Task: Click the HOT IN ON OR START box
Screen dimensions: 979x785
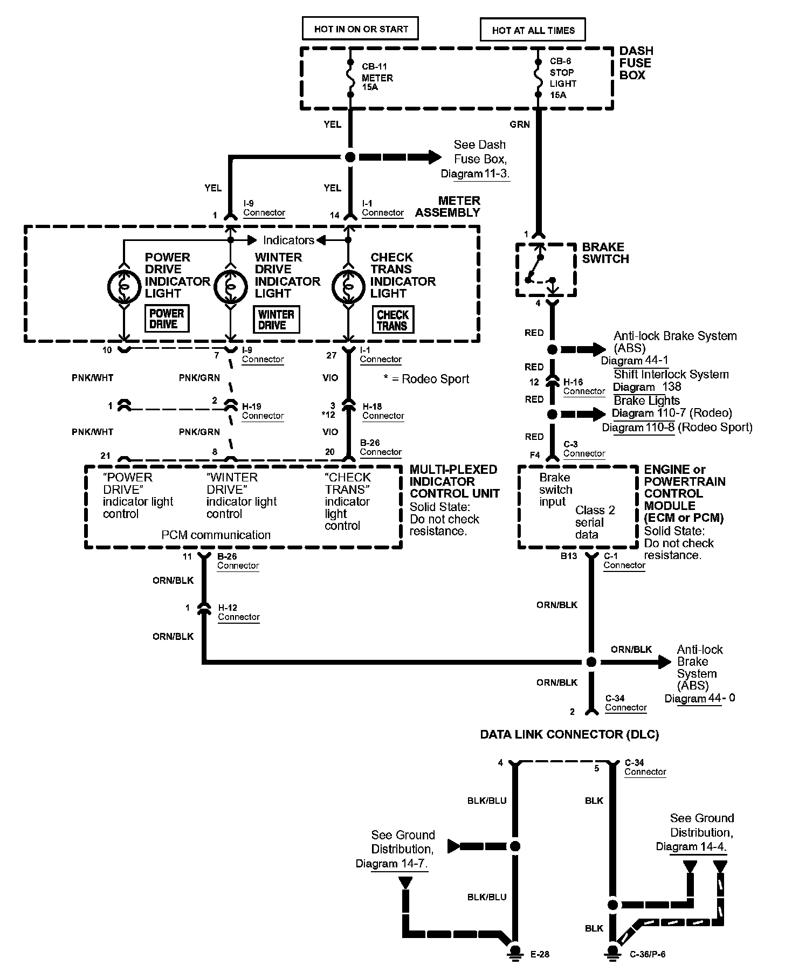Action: coord(360,29)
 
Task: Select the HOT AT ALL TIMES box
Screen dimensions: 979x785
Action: coord(533,30)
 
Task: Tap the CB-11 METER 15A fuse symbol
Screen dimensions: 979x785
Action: coord(350,78)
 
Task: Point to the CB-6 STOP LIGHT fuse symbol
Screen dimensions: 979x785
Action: coord(538,78)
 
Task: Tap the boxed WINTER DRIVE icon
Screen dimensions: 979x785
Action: coord(276,320)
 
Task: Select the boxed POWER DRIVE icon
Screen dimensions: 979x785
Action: coord(167,319)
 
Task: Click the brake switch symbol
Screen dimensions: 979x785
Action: coord(546,270)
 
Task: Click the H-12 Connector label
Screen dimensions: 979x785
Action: coord(239,612)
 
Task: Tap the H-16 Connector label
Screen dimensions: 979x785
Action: coord(584,387)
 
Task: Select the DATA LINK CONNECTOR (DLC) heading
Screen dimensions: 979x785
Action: coord(569,734)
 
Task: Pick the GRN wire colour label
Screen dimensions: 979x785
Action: coord(520,125)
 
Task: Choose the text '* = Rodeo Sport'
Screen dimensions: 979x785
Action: coord(426,379)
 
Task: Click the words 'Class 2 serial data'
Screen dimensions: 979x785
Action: coord(594,522)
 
